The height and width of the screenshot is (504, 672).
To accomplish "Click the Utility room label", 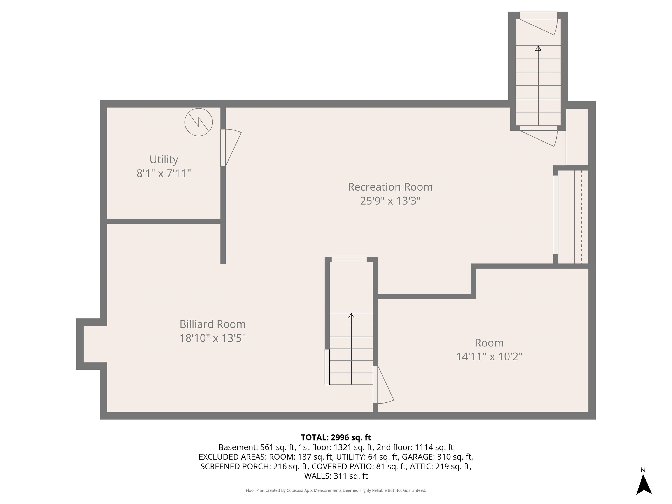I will point(164,159).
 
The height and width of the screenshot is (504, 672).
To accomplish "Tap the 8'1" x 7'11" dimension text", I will point(164,173).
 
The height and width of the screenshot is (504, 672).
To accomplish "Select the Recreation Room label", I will point(390,187).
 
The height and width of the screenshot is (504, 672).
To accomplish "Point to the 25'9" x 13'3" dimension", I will point(390,201).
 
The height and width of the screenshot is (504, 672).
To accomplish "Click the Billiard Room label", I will point(212,324).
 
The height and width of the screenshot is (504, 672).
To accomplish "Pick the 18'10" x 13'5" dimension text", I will point(212,338).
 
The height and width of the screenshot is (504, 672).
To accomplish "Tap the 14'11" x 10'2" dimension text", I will point(489,356).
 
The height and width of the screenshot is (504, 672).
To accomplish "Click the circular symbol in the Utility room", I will point(198,122).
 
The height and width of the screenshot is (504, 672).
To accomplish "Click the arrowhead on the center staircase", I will point(351,316).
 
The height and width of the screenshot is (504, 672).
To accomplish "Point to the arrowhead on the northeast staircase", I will point(538,48).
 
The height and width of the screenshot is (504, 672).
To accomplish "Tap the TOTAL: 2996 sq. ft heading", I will point(336,437).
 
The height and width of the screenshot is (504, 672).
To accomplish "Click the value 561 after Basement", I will point(266,447).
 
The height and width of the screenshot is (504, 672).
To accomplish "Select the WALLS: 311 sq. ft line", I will point(336,476).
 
